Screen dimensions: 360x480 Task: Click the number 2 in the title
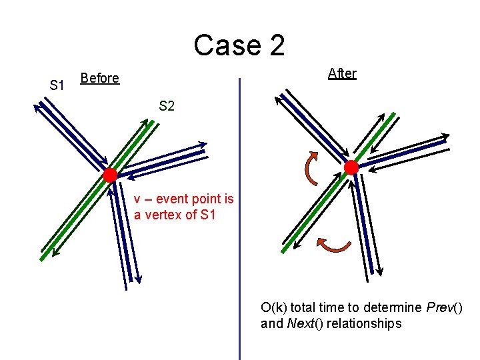click(275, 45)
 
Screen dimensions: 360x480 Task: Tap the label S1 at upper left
click(57, 86)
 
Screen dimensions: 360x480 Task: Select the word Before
click(99, 79)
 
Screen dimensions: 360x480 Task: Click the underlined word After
click(342, 74)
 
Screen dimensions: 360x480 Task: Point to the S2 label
click(167, 106)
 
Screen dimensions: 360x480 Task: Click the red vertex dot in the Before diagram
click(109, 175)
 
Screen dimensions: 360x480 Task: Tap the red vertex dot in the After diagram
click(351, 167)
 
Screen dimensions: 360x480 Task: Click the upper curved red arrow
click(311, 168)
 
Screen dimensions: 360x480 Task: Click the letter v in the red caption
click(137, 199)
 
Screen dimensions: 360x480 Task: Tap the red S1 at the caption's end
click(208, 215)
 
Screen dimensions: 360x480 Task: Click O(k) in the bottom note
click(274, 308)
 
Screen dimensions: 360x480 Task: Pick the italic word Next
click(299, 324)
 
